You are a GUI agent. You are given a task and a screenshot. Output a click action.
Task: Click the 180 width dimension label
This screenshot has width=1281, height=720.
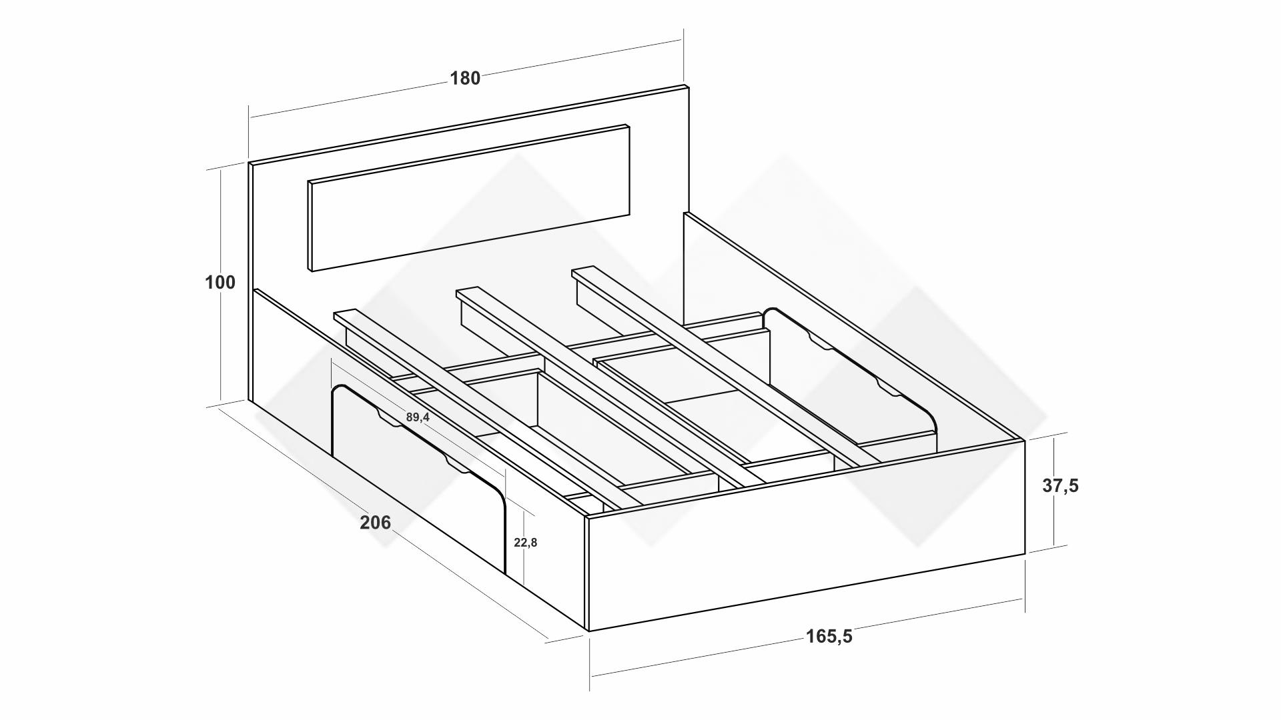coord(465,79)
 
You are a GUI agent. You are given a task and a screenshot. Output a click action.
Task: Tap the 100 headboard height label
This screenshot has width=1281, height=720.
coord(220,283)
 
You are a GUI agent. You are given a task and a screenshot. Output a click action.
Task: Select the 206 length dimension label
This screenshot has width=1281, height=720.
coord(376,523)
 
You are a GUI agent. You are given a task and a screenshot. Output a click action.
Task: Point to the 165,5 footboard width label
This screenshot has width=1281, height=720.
coord(829,637)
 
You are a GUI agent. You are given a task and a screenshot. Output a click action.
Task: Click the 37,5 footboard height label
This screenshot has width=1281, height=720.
coord(1061,486)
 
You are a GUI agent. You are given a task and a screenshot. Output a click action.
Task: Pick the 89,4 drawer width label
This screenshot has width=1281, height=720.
coord(418,417)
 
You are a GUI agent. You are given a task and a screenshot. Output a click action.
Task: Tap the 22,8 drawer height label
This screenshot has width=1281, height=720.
coord(526,543)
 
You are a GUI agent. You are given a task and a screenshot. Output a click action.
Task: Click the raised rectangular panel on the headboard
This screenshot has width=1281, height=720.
coord(469,198)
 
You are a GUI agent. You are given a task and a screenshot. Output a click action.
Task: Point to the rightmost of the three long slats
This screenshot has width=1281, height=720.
coord(726,365)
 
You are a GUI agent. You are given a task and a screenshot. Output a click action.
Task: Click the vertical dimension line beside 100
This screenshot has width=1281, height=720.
coord(221,287)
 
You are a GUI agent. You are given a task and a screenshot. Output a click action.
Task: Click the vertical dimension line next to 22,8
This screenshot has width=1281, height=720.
coord(525,547)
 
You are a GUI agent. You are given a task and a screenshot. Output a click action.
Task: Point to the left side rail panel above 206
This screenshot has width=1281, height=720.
coord(420,460)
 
